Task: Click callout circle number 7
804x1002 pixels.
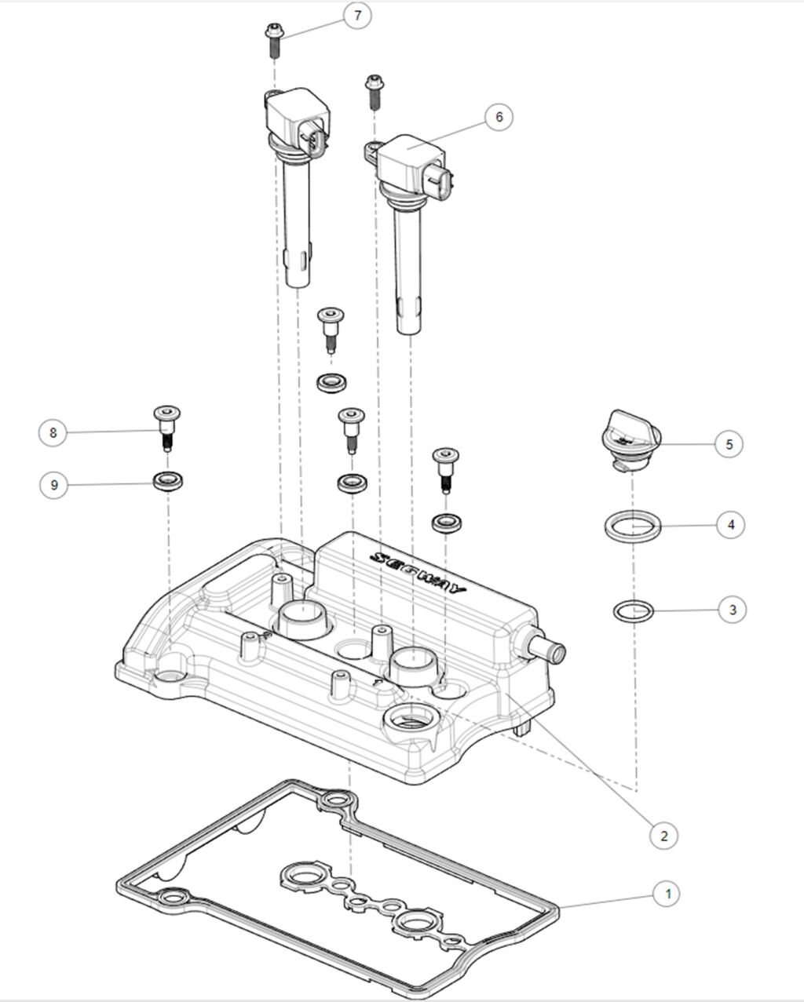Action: (x=357, y=16)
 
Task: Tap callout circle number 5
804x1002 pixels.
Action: (x=729, y=443)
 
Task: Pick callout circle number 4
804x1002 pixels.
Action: (x=730, y=524)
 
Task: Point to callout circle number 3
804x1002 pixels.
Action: (x=732, y=609)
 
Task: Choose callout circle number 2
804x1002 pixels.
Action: (x=664, y=836)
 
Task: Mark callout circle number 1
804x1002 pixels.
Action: (x=668, y=893)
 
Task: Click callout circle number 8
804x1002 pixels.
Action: (x=53, y=432)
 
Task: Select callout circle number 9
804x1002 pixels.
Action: (x=53, y=485)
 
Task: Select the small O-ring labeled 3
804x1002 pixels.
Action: (x=632, y=610)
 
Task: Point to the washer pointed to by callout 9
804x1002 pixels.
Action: (x=166, y=480)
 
